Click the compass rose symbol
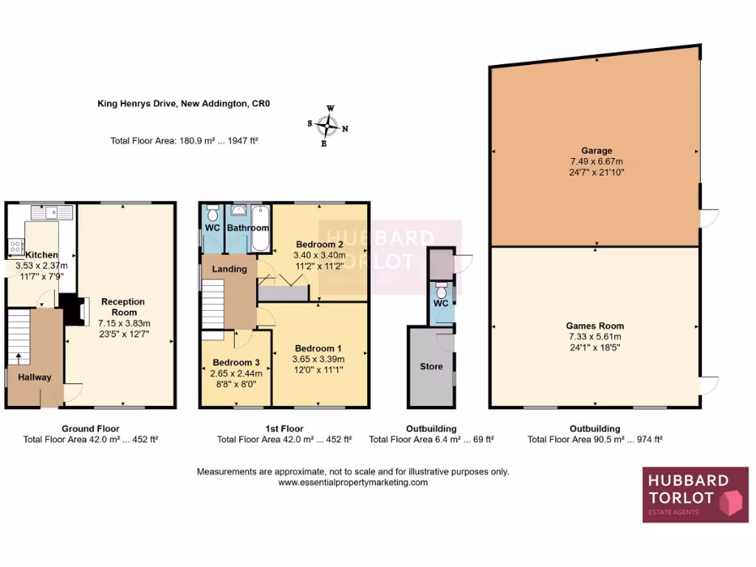pyautogui.click(x=328, y=126)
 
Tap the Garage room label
pyautogui.click(x=596, y=151)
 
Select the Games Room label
pyautogui.click(x=595, y=326)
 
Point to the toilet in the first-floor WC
pyautogui.click(x=213, y=214)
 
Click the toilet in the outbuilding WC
pyautogui.click(x=441, y=285)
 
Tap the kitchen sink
pyautogui.click(x=52, y=213)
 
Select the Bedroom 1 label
pyautogui.click(x=318, y=348)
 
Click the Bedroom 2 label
pyautogui.click(x=320, y=244)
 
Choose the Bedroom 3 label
pyautogui.click(x=236, y=362)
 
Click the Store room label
pyautogui.click(x=431, y=366)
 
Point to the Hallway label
pyautogui.click(x=35, y=377)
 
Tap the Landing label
pyautogui.click(x=230, y=269)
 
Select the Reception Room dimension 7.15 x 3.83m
pyautogui.click(x=125, y=323)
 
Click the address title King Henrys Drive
pyautogui.click(x=184, y=104)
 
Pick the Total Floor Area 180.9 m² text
pyautogui.click(x=184, y=140)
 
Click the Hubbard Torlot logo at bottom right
pyautogui.click(x=695, y=495)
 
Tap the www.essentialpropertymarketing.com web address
pyautogui.click(x=353, y=482)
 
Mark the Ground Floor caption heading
pyautogui.click(x=91, y=428)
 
